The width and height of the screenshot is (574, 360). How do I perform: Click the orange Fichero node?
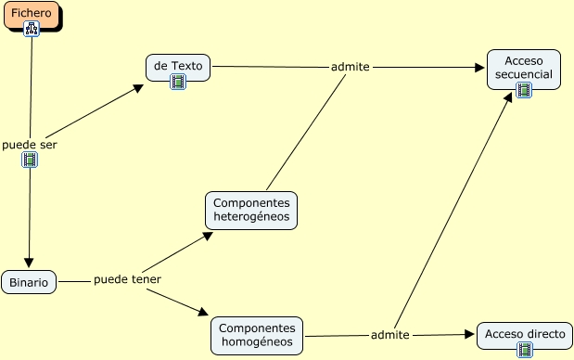(32, 14)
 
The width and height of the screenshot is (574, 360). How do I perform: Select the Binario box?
(29, 282)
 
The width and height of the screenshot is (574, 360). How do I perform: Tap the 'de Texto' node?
(177, 66)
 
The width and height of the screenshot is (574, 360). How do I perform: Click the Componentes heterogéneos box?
(251, 211)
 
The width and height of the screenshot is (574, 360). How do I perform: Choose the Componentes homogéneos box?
(258, 336)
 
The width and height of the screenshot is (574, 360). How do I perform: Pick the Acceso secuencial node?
(524, 67)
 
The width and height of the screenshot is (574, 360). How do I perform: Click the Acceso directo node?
(524, 334)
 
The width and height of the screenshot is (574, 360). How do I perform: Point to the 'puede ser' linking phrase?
(30, 145)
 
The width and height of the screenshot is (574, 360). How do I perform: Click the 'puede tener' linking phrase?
(127, 279)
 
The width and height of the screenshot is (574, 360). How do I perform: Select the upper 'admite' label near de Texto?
(351, 67)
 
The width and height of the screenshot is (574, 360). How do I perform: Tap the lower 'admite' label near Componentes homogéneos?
(389, 334)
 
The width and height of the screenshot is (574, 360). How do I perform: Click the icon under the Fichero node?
(32, 30)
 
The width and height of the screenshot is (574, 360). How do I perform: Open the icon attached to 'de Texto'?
(178, 82)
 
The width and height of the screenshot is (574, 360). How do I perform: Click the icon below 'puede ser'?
(30, 161)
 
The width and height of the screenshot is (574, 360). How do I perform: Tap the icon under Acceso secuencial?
(524, 90)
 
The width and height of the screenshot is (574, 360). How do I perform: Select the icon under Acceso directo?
(525, 350)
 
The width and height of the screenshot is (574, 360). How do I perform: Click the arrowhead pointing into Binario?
(29, 263)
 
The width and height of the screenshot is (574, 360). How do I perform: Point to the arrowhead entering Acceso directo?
(470, 334)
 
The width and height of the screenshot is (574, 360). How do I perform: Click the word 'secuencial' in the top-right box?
(524, 74)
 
